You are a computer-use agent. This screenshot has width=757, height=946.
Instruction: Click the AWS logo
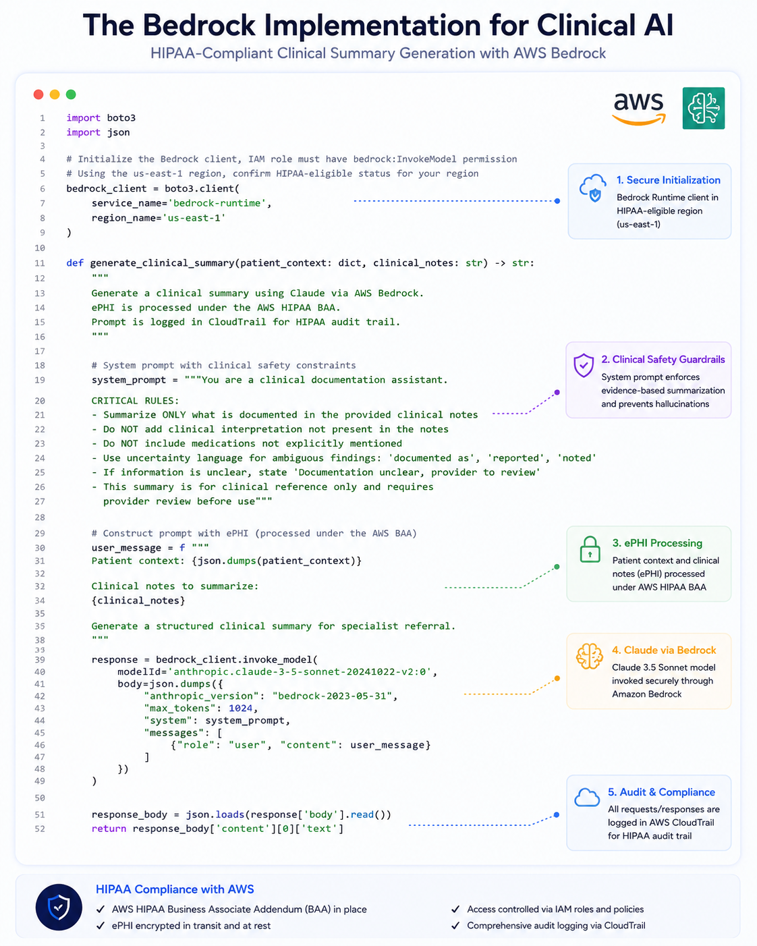pyautogui.click(x=639, y=109)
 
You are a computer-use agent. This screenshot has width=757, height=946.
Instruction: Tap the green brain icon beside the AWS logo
pyautogui.click(x=704, y=108)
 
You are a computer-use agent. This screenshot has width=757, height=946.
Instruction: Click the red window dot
pyautogui.click(x=38, y=94)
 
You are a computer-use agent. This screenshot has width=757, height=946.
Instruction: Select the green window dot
pyautogui.click(x=71, y=94)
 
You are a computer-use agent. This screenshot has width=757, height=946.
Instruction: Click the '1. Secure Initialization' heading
pyautogui.click(x=668, y=180)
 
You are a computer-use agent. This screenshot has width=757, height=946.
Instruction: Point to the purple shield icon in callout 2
pyautogui.click(x=584, y=365)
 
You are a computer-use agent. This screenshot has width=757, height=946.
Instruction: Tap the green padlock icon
pyautogui.click(x=590, y=549)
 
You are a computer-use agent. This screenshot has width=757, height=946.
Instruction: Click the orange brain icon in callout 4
pyautogui.click(x=589, y=657)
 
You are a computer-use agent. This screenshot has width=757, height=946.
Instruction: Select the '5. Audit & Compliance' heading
pyautogui.click(x=661, y=792)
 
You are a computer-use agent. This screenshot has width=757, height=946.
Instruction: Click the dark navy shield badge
pyautogui.click(x=59, y=908)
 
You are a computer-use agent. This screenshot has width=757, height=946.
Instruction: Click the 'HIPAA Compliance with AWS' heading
pyautogui.click(x=175, y=889)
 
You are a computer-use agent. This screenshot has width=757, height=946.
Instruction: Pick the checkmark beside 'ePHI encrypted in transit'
pyautogui.click(x=101, y=926)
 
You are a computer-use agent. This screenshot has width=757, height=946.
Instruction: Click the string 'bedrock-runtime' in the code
pyautogui.click(x=217, y=203)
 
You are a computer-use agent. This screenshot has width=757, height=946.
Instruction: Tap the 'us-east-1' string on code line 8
pyautogui.click(x=194, y=218)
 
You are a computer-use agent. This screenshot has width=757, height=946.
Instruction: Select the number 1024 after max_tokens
pyautogui.click(x=240, y=708)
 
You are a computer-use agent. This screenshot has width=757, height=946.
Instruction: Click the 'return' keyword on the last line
pyautogui.click(x=109, y=829)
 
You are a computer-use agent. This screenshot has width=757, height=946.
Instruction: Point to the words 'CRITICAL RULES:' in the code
pyautogui.click(x=135, y=401)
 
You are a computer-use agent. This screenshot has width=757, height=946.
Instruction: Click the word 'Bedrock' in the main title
pyautogui.click(x=199, y=25)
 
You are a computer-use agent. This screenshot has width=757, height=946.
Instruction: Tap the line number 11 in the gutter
pyautogui.click(x=40, y=263)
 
